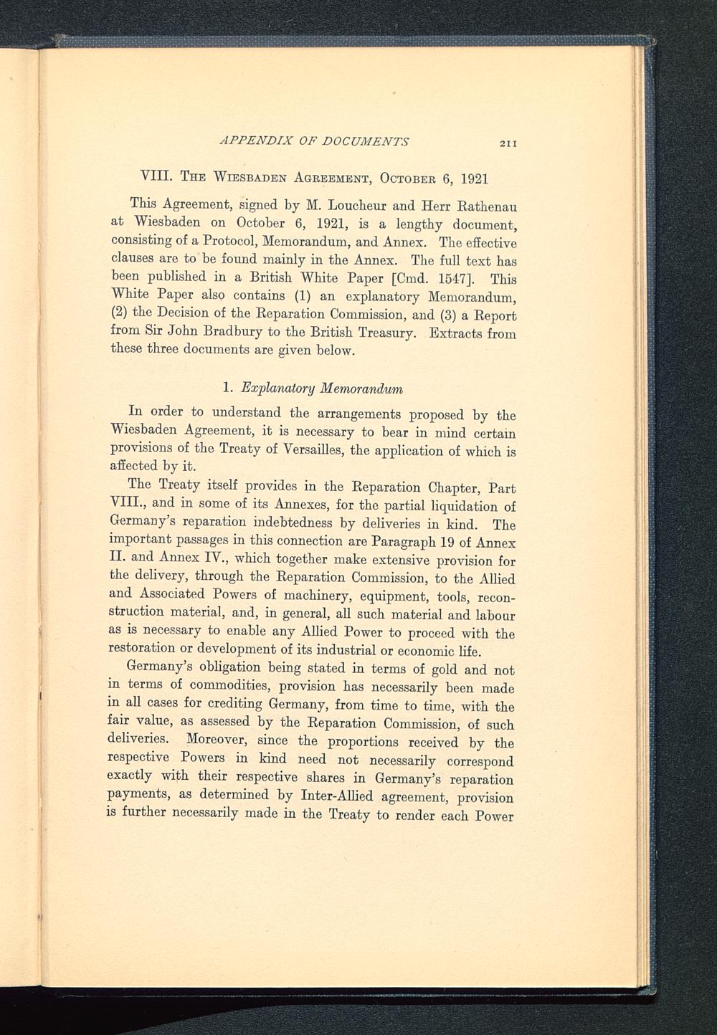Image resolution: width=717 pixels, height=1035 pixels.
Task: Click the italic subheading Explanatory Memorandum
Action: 321,388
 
